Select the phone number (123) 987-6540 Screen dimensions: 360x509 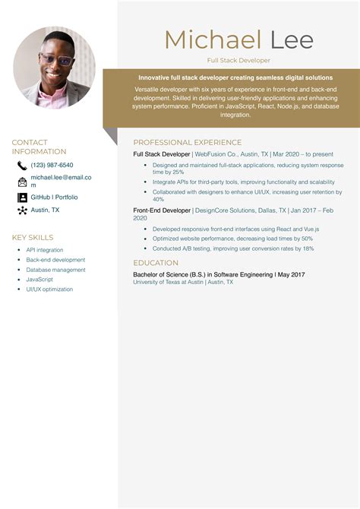click(52, 165)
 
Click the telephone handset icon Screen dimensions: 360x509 click(22, 166)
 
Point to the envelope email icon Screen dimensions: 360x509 click(22, 182)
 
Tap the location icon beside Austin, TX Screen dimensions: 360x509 click(22, 210)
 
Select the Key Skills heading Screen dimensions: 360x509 click(33, 238)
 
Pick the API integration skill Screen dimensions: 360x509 click(45, 250)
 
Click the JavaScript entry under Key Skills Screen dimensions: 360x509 click(39, 280)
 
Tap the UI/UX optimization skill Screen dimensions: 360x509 click(49, 289)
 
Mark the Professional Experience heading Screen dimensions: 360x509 click(188, 142)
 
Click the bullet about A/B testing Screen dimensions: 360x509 click(232, 248)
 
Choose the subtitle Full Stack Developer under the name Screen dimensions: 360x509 click(238, 60)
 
